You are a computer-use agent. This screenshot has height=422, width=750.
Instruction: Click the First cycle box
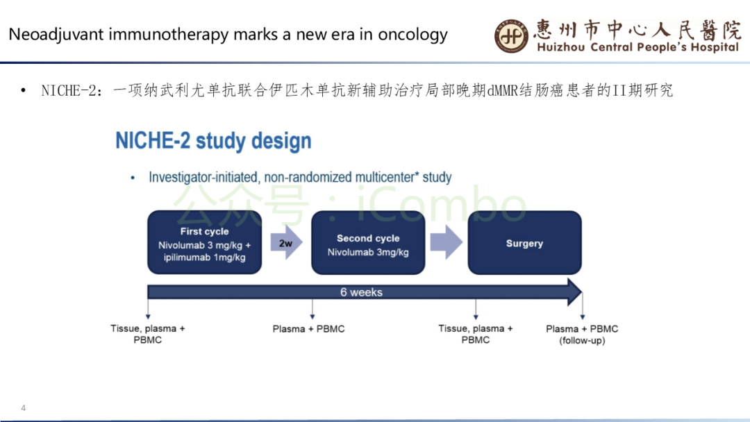coord(204,242)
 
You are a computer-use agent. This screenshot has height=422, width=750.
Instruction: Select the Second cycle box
coord(368,242)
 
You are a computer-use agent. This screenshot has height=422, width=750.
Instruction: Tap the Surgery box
coord(524,242)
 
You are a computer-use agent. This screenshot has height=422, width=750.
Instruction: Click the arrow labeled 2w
coord(285,244)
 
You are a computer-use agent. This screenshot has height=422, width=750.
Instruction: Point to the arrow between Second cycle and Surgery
coord(446,244)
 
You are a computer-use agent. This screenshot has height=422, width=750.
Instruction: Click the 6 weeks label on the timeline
coord(361,292)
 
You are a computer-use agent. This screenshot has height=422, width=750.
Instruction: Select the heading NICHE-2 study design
coord(213,141)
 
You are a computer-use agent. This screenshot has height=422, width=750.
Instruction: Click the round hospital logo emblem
coord(512,35)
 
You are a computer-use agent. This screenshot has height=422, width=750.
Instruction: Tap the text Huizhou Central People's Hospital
coord(637,47)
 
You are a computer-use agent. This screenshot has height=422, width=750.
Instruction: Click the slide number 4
coord(24,407)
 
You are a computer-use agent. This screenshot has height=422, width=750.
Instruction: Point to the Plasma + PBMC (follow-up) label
coord(582,335)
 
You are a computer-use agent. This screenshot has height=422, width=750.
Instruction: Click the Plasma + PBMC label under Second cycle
coord(308,329)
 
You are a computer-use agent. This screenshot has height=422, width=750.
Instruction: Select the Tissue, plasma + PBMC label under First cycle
coord(148,334)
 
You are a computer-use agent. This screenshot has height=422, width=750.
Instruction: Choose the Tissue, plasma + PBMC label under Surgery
coord(476,334)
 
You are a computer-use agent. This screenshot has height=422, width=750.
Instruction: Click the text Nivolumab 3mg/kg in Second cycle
coord(368,252)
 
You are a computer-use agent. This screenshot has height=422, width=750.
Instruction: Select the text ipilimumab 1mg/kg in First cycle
coord(204,258)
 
